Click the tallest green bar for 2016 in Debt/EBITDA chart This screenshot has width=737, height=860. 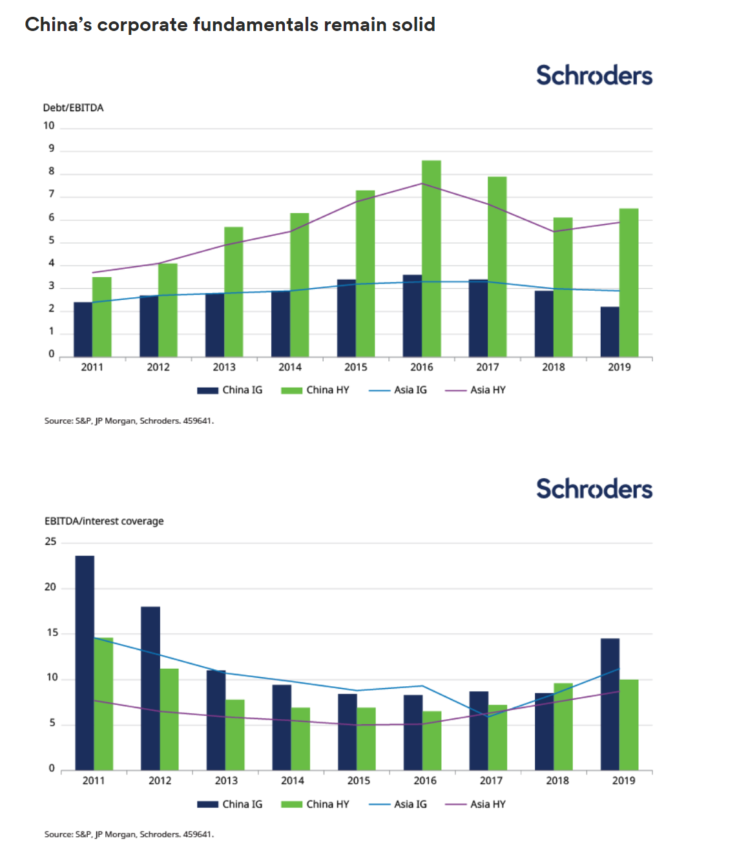[x=431, y=258]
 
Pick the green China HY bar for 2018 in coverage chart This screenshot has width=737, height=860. [x=563, y=726]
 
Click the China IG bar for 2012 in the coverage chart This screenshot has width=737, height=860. [x=151, y=688]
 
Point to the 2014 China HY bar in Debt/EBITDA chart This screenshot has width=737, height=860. [x=299, y=284]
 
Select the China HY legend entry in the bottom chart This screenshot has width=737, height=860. [x=316, y=804]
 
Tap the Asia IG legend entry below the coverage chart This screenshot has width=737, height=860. [x=399, y=804]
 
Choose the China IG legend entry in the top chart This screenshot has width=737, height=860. [x=231, y=390]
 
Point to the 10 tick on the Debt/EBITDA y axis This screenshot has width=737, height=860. [x=49, y=125]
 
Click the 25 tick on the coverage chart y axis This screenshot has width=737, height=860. [x=50, y=541]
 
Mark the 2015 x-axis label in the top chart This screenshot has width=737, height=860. [x=355, y=367]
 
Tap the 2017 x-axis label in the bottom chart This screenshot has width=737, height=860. [x=491, y=781]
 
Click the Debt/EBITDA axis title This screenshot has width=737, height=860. [x=73, y=108]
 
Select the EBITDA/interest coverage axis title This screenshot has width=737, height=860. [x=104, y=521]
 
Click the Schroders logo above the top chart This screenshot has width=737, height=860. [x=594, y=76]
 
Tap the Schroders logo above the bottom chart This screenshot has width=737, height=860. [x=594, y=489]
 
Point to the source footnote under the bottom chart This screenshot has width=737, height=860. [x=129, y=834]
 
